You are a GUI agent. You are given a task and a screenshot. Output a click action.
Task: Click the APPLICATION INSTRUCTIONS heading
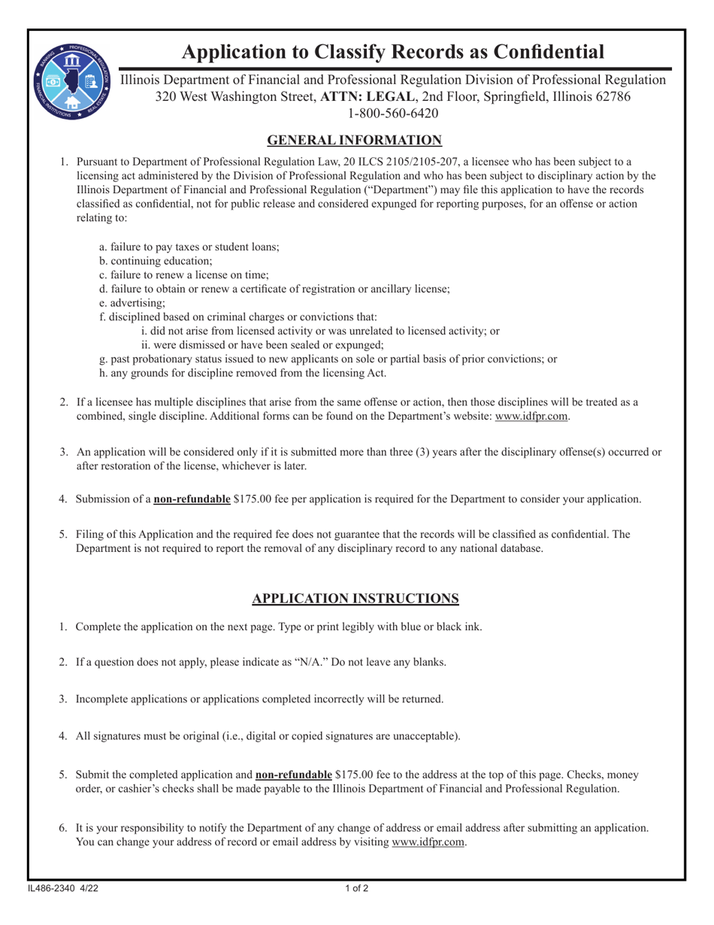pyautogui.click(x=355, y=599)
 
